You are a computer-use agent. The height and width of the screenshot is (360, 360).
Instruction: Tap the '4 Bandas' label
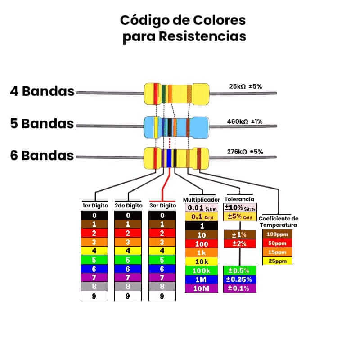42,91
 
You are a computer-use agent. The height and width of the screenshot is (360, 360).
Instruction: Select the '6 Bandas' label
42,156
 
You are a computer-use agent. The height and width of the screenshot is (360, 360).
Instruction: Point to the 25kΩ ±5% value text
246,86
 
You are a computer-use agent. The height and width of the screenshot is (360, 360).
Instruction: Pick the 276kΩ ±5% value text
246,152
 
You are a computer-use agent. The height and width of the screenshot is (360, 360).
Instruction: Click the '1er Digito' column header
94,205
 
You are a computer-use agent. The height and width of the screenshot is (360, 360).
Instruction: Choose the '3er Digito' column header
162,205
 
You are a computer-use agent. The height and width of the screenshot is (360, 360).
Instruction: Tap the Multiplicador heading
201,199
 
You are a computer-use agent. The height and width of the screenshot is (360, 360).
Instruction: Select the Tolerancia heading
239,199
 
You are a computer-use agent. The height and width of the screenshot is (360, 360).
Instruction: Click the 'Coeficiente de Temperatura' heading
278,221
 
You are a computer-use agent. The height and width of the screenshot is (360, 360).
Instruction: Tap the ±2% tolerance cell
239,243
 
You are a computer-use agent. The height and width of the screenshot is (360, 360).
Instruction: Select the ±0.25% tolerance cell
239,279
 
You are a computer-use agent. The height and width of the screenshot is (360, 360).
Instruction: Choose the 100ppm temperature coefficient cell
277,234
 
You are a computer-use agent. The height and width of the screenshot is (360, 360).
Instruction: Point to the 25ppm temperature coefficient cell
277,261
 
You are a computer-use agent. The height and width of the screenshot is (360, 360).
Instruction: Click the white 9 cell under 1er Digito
94,296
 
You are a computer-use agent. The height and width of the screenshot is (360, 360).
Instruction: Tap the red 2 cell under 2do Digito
128,233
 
